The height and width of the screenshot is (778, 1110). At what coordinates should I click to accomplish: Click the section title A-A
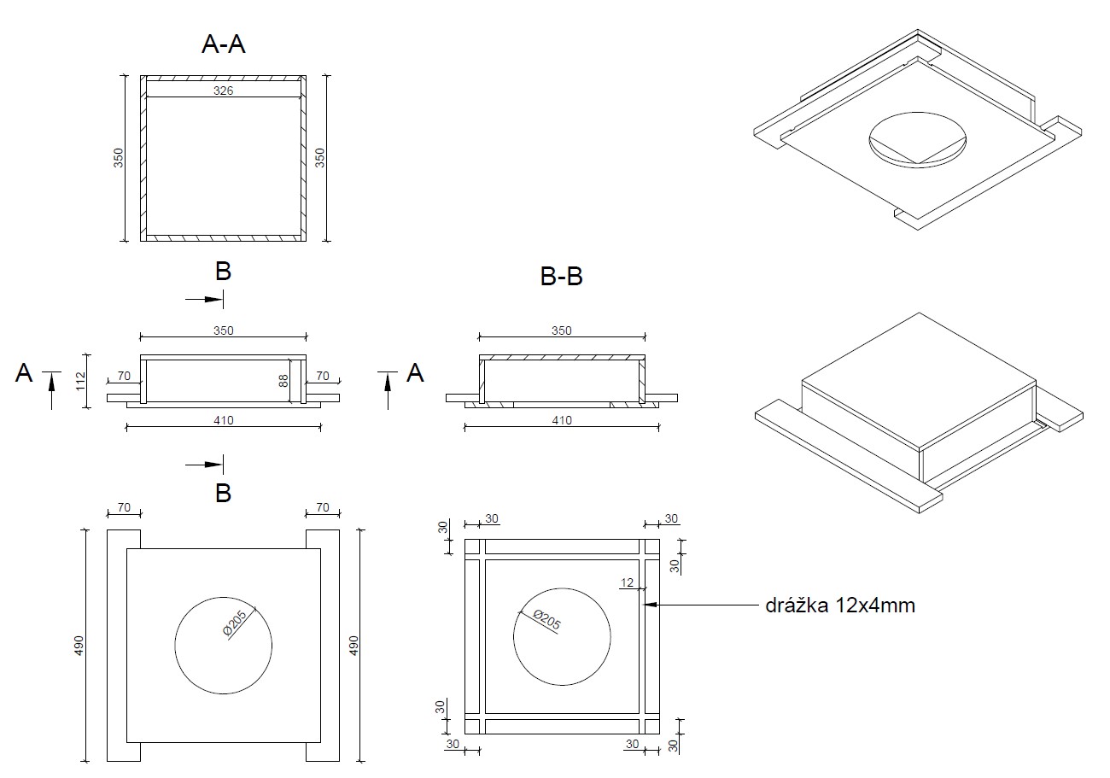point(224,44)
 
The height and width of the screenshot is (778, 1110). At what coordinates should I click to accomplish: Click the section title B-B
point(562,276)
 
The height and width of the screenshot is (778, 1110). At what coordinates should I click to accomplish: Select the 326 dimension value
point(223,91)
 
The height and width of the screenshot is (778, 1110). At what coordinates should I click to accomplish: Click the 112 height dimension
point(81,381)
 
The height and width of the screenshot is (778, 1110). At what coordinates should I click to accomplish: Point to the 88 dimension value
point(283,381)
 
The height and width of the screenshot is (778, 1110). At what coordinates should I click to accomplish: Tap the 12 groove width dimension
point(627,582)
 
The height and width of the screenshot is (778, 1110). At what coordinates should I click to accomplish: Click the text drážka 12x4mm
point(840,605)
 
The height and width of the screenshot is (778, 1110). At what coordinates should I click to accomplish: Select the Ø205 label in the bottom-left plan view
point(235,623)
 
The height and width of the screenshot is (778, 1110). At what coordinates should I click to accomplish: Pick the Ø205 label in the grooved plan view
point(546,619)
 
